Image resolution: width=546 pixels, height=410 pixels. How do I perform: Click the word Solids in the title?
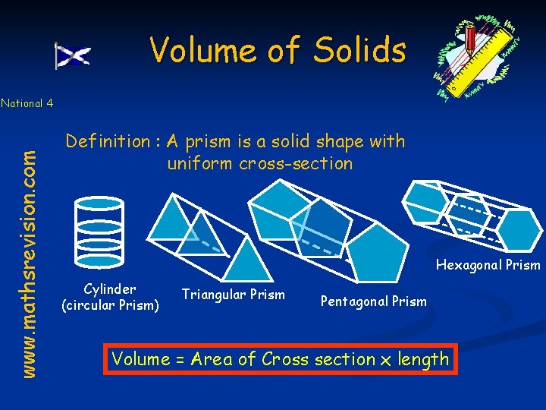point(361,50)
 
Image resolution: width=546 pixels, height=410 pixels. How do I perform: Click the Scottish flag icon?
point(73,55)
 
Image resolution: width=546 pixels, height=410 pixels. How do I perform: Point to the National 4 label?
point(27,103)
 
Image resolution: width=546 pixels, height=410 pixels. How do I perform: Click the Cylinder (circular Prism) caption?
point(110,297)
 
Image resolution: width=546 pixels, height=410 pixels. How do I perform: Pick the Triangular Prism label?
point(233,295)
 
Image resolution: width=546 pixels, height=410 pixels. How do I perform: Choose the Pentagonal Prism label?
point(373,301)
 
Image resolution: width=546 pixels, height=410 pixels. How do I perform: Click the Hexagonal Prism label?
point(488,265)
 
